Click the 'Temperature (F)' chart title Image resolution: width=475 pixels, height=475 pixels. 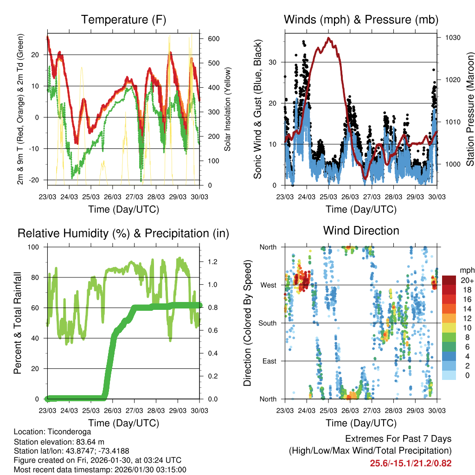coord(123,20)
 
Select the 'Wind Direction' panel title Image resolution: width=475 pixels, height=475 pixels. coord(361,231)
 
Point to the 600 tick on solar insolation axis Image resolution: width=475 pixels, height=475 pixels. coord(213,39)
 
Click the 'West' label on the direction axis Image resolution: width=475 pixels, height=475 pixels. coord(268,285)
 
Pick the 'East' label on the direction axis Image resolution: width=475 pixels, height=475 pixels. coord(269,361)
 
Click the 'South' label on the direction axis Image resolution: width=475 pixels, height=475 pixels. coord(268,323)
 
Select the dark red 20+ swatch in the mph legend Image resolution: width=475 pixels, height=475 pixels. coord(449,281)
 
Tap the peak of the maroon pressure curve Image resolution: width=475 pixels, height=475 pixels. coord(329,38)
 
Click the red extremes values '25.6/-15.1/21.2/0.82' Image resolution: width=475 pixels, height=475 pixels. coord(411,463)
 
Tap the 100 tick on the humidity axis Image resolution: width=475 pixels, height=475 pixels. coord(37,247)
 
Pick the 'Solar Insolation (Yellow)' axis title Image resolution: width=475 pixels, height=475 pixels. coord(227,109)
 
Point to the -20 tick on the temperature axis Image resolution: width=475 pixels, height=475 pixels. coord(36,180)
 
